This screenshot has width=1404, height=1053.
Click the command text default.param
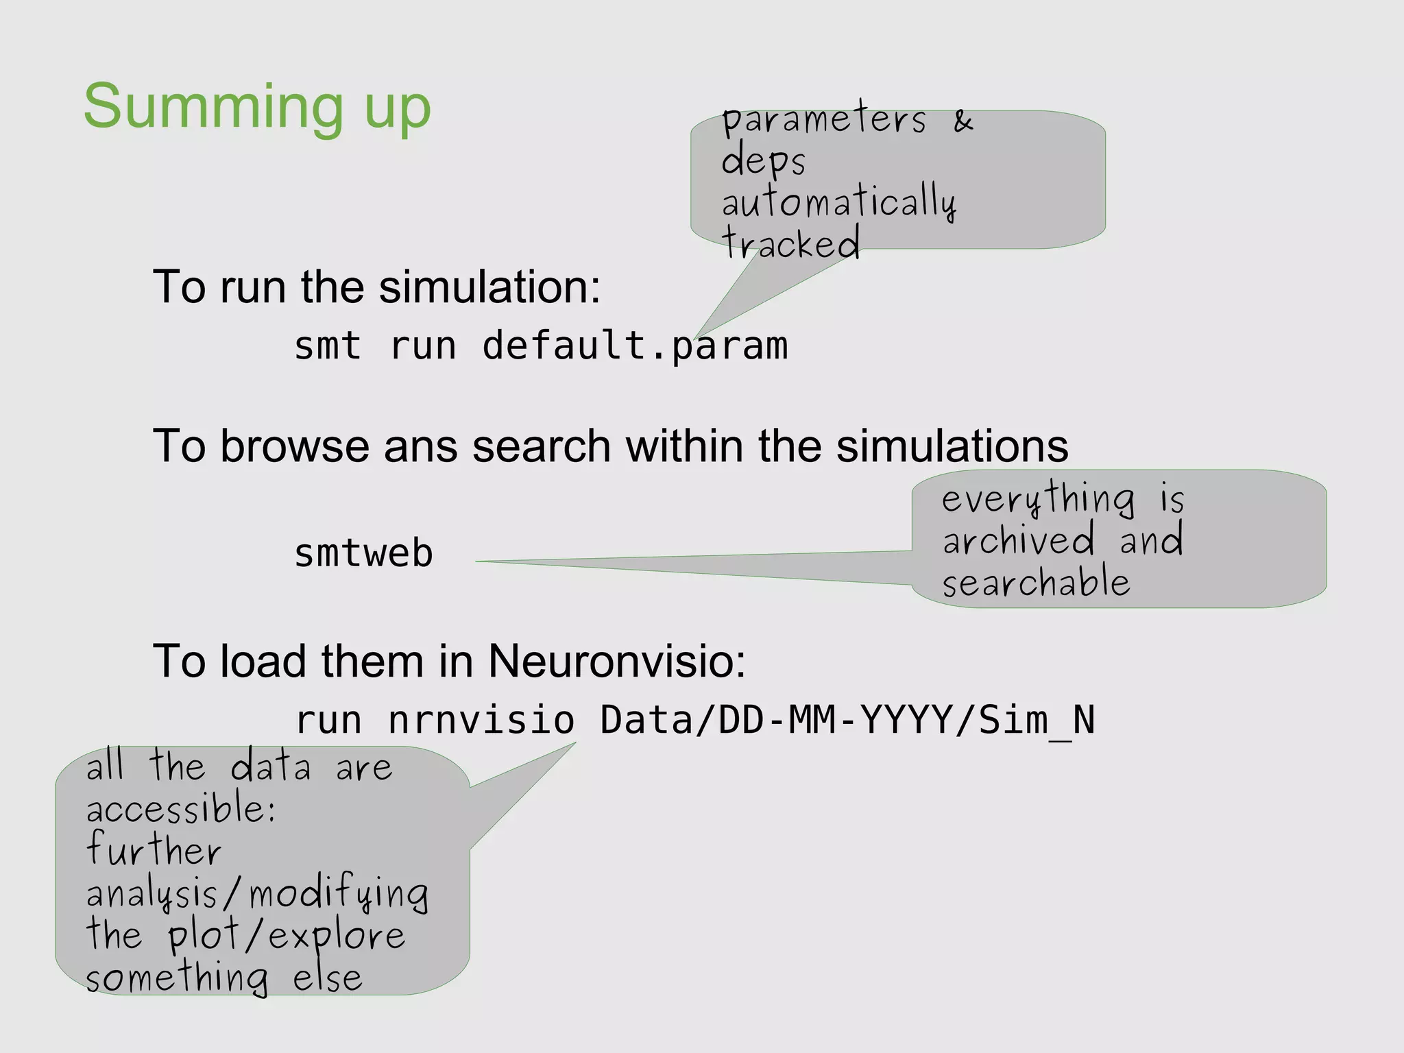(635, 346)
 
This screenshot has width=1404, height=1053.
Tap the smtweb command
(363, 553)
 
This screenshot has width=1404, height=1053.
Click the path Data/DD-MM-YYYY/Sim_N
(847, 721)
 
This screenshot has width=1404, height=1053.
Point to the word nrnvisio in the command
(481, 721)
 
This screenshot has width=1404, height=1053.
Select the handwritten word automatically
(838, 203)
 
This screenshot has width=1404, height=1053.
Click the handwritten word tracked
(790, 243)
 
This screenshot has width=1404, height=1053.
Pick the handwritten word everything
(1038, 499)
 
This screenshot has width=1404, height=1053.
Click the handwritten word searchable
(1035, 583)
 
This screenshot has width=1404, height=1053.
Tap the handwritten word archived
(1019, 540)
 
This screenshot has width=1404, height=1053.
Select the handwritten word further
(154, 850)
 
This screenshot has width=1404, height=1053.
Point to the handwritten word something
(176, 978)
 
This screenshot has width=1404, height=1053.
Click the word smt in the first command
(328, 346)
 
